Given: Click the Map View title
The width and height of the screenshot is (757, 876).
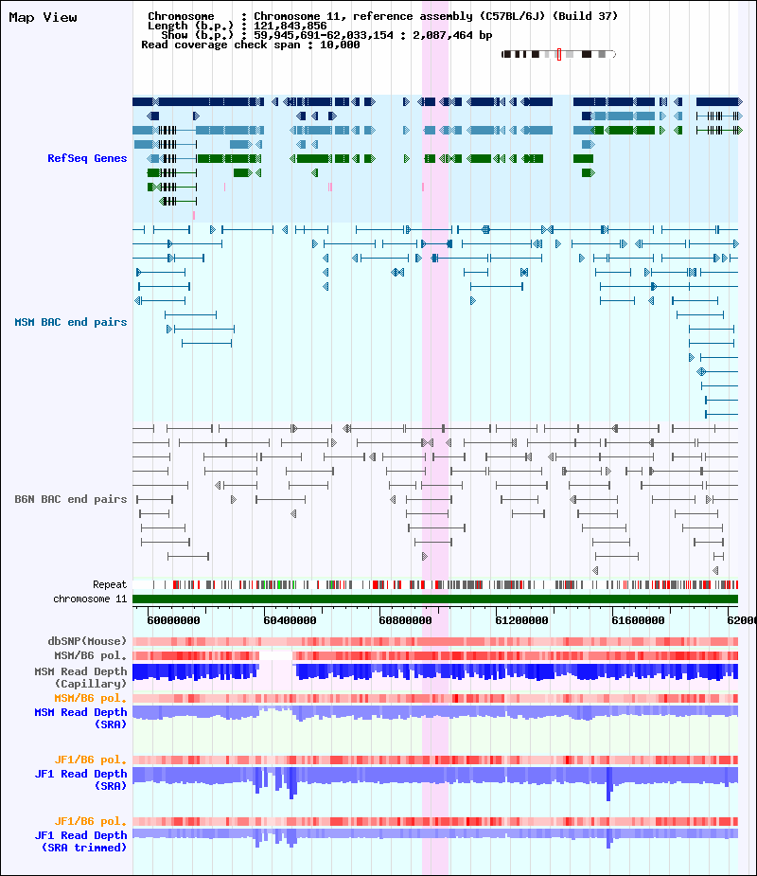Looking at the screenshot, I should point(43,17).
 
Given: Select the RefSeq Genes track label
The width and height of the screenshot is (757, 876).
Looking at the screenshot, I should point(87,158).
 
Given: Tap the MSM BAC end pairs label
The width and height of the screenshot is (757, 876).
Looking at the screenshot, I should point(71,322).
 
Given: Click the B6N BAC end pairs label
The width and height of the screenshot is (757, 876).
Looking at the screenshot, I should point(71,499).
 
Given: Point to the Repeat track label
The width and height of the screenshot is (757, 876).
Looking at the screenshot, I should point(110,584).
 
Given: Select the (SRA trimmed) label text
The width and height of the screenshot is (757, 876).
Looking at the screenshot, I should point(85,847).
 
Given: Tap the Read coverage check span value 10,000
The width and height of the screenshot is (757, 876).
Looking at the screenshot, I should point(340,45).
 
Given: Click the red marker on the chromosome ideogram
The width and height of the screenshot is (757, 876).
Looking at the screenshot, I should point(559,55).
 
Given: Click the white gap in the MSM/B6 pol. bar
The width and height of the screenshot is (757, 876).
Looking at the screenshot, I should point(275,655).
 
